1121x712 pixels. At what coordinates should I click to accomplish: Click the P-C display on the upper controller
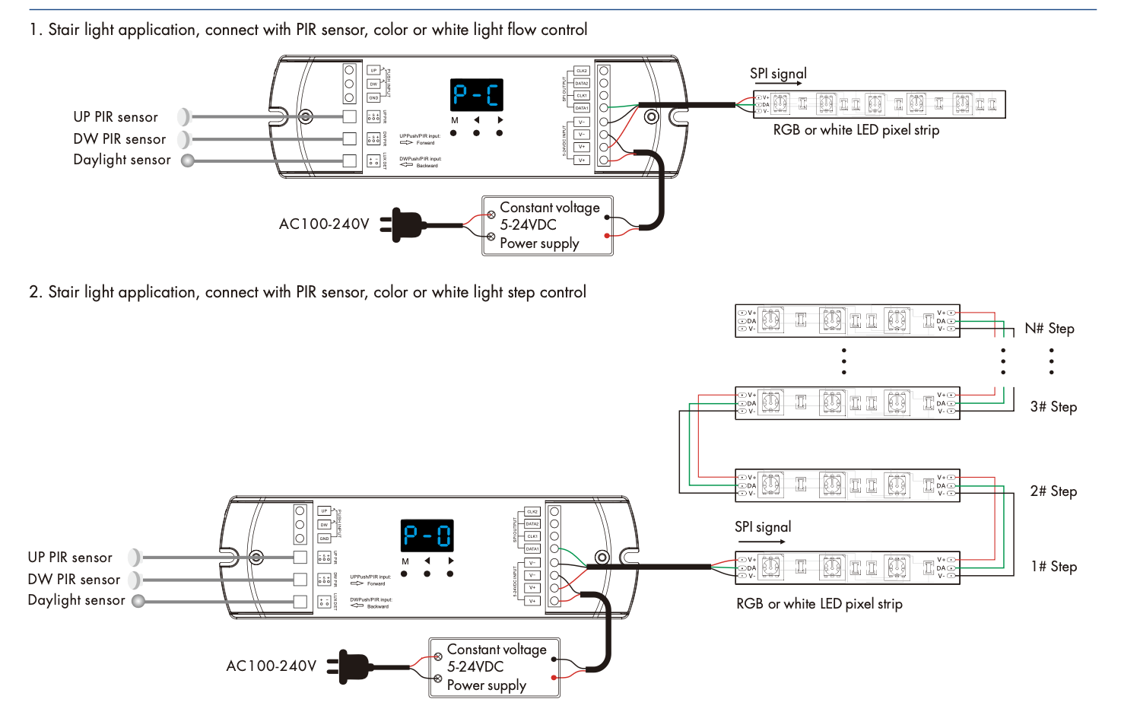tap(477, 95)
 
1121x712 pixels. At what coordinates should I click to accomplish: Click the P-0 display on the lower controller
tap(427, 536)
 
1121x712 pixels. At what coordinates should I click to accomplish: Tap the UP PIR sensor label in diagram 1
tap(116, 117)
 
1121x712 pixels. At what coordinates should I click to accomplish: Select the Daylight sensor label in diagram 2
tap(76, 600)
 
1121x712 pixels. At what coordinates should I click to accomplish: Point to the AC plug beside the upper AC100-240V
tap(404, 224)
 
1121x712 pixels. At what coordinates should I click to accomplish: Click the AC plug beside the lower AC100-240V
tap(351, 666)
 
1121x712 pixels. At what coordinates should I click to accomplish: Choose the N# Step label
tap(1050, 329)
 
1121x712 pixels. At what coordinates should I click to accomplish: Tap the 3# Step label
tap(1053, 407)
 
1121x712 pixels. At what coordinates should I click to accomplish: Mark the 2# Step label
tap(1053, 491)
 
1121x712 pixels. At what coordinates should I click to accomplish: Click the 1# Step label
tap(1054, 567)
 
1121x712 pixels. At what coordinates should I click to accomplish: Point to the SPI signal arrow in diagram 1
tap(779, 84)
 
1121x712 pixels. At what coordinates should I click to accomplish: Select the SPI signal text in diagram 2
tap(763, 527)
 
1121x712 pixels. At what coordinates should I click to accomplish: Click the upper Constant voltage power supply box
tap(548, 226)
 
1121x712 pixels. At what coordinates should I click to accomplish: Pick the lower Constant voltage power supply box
tap(494, 668)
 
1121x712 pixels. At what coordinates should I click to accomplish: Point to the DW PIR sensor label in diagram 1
tap(119, 139)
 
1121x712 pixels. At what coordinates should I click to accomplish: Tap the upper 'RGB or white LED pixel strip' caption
tap(856, 130)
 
